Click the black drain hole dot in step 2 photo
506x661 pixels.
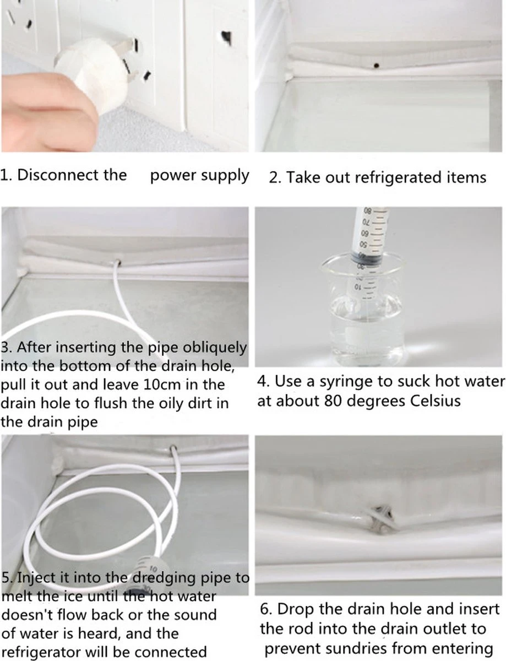click(376, 66)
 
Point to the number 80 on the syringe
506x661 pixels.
click(367, 210)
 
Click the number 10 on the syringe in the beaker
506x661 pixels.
click(358, 286)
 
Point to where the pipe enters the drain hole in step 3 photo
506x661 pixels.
click(118, 262)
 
